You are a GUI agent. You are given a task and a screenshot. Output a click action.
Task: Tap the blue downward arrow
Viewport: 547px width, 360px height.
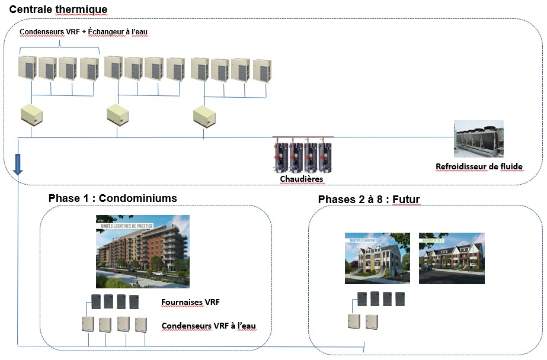18,163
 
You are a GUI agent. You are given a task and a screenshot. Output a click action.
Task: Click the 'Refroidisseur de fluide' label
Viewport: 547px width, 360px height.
479,166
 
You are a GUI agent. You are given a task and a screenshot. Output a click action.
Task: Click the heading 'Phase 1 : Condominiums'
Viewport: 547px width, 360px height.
113,198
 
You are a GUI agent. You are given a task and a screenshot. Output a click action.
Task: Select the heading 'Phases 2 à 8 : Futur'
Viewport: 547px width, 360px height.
369,199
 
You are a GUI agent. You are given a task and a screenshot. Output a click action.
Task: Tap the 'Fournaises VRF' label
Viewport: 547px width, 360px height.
190,303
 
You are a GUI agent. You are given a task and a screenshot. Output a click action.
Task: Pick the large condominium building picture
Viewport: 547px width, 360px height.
143,251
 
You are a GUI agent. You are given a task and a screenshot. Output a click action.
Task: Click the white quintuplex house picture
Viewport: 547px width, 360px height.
377,258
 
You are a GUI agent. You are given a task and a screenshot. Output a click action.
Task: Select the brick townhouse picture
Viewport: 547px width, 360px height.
452,258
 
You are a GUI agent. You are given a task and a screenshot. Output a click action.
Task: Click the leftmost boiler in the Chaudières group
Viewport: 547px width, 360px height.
280,156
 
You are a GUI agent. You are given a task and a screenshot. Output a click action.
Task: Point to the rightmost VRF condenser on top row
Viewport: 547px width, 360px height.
261,70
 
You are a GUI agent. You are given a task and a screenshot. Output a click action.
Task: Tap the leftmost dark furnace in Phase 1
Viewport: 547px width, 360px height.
96,301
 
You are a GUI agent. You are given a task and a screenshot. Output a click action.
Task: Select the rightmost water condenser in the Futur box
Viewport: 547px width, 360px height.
372,322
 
